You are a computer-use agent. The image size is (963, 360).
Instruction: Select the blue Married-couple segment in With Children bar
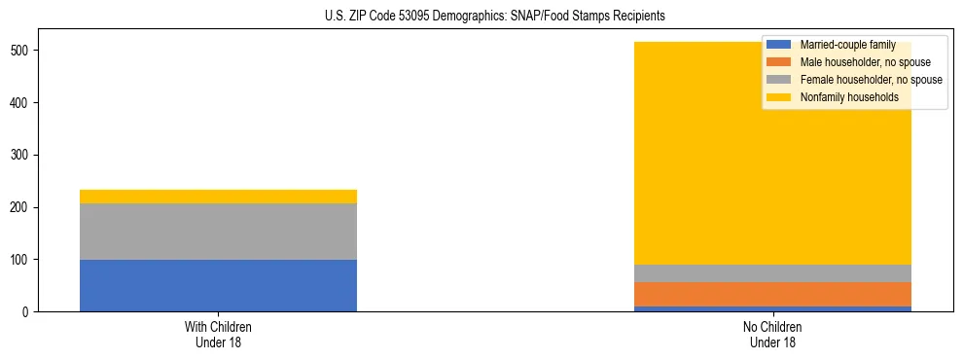pyautogui.click(x=218, y=285)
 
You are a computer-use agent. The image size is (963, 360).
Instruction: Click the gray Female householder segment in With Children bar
pyautogui.click(x=218, y=232)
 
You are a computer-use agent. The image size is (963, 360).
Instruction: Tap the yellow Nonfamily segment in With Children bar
pyautogui.click(x=218, y=197)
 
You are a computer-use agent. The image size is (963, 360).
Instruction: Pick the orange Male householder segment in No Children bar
pyautogui.click(x=772, y=295)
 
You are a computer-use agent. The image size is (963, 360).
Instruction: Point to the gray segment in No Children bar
pyautogui.click(x=772, y=273)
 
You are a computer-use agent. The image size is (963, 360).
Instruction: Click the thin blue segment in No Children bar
pyautogui.click(x=772, y=308)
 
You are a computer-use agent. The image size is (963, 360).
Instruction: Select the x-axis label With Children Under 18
pyautogui.click(x=218, y=334)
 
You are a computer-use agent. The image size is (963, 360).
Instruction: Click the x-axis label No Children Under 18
pyautogui.click(x=772, y=334)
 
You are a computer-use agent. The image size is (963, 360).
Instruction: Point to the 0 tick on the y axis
pyautogui.click(x=27, y=312)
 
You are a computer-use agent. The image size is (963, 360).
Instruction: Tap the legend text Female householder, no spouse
pyautogui.click(x=871, y=80)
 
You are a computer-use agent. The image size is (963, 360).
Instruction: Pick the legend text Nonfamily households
pyautogui.click(x=849, y=97)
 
